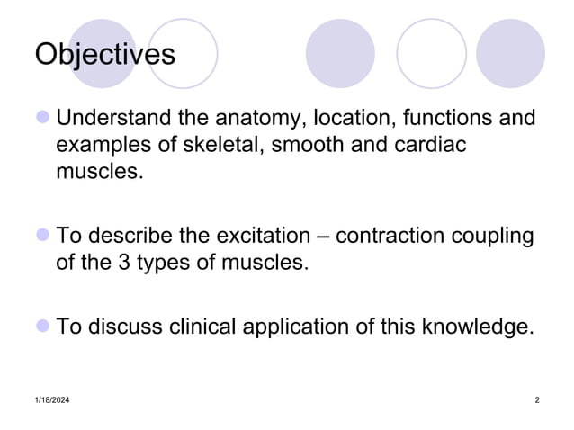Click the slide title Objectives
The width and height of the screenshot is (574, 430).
click(104, 54)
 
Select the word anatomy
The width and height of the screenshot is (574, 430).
click(262, 118)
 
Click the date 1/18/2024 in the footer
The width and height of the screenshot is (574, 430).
click(53, 399)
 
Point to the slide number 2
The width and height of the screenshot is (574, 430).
click(536, 399)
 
